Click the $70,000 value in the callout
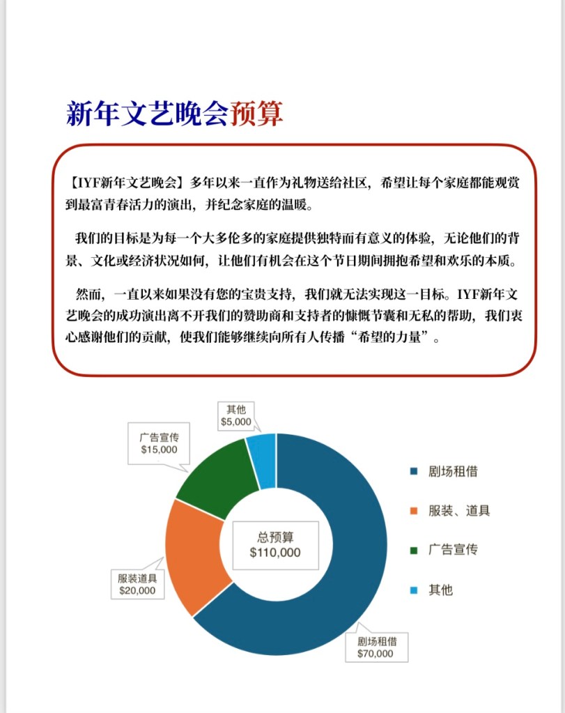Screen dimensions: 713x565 (375, 654)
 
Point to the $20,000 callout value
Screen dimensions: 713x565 (137, 590)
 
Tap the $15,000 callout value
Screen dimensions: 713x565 (159, 450)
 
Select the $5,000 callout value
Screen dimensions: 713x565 (235, 422)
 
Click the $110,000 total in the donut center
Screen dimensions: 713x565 (275, 552)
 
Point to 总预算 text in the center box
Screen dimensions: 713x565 (275, 537)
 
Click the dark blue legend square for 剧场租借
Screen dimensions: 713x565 (413, 472)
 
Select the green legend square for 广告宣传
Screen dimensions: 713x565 (413, 551)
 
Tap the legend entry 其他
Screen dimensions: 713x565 (440, 590)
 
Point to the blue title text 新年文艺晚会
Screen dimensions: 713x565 (146, 113)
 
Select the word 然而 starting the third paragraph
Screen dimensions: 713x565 (88, 292)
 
